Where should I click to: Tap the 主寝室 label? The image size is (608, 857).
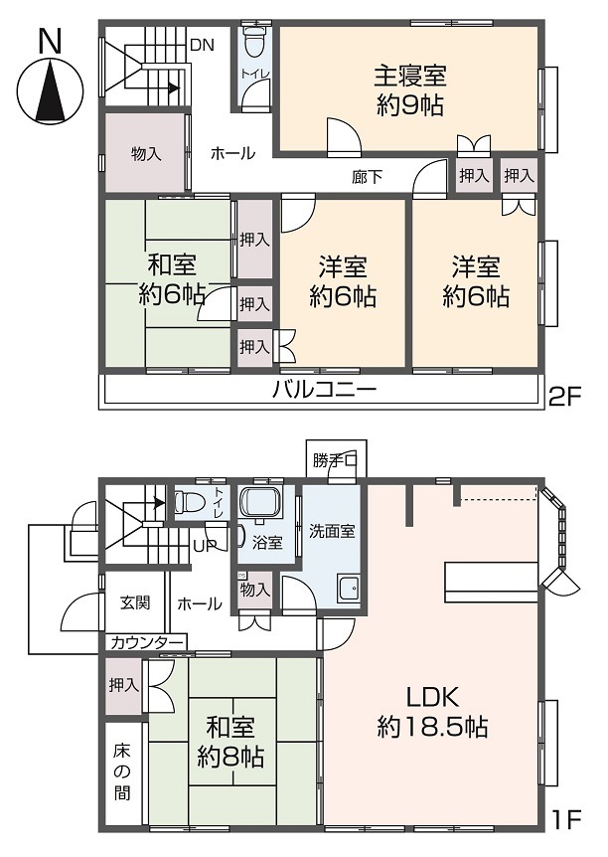point(409,75)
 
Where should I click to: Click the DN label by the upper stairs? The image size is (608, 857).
point(202,44)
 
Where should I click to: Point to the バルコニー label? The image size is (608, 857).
point(324,391)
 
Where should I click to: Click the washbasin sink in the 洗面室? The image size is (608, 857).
point(349,589)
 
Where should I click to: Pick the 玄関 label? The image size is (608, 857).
point(135,602)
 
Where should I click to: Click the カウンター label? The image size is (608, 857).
point(146,642)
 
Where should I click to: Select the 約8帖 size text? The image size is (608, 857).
point(229,758)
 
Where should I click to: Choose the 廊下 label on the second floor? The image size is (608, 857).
point(368,177)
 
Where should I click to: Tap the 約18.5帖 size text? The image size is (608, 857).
point(432,727)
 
